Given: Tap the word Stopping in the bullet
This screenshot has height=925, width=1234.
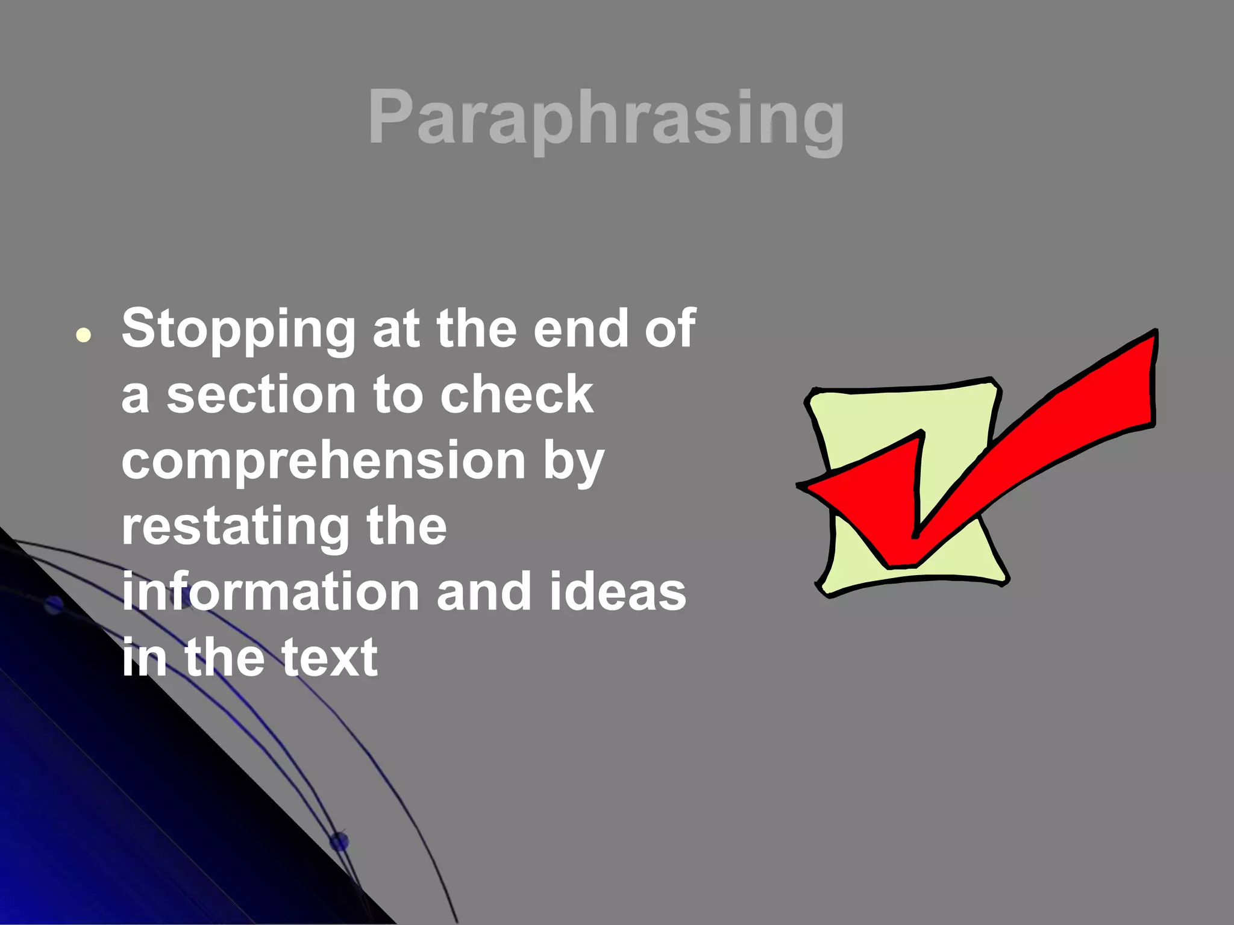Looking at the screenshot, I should click(239, 330).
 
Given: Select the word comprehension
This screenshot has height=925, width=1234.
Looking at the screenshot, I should click(324, 461).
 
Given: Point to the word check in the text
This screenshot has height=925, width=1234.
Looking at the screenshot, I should click(516, 395).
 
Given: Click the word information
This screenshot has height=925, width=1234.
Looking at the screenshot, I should click(271, 592).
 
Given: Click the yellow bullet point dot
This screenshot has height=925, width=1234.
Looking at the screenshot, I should click(84, 335).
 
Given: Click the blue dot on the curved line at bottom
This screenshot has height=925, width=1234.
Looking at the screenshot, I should click(339, 841).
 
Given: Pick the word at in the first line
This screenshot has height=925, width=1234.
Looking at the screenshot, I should click(396, 330).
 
